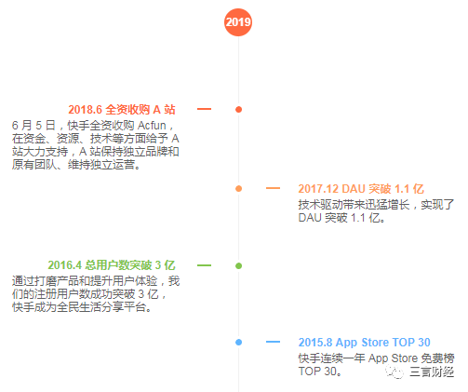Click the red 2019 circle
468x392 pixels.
238,22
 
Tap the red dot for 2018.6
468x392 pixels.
238,109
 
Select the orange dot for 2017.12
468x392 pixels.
238,188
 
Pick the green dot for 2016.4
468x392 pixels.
238,265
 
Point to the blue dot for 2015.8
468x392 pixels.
238,342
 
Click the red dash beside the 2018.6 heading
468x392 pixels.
204,109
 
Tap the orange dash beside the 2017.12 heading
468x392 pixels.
273,188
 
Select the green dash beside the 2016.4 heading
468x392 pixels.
204,265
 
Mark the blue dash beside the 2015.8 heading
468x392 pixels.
273,342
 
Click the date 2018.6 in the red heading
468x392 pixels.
85,110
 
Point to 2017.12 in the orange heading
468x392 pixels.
318,189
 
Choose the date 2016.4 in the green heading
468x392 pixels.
64,265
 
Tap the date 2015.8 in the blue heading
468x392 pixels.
315,343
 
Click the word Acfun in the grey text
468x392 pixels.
152,126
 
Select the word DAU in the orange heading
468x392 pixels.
354,189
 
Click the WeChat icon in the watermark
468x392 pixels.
394,372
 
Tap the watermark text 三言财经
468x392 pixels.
432,372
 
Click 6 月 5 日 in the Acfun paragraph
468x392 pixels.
33,126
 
